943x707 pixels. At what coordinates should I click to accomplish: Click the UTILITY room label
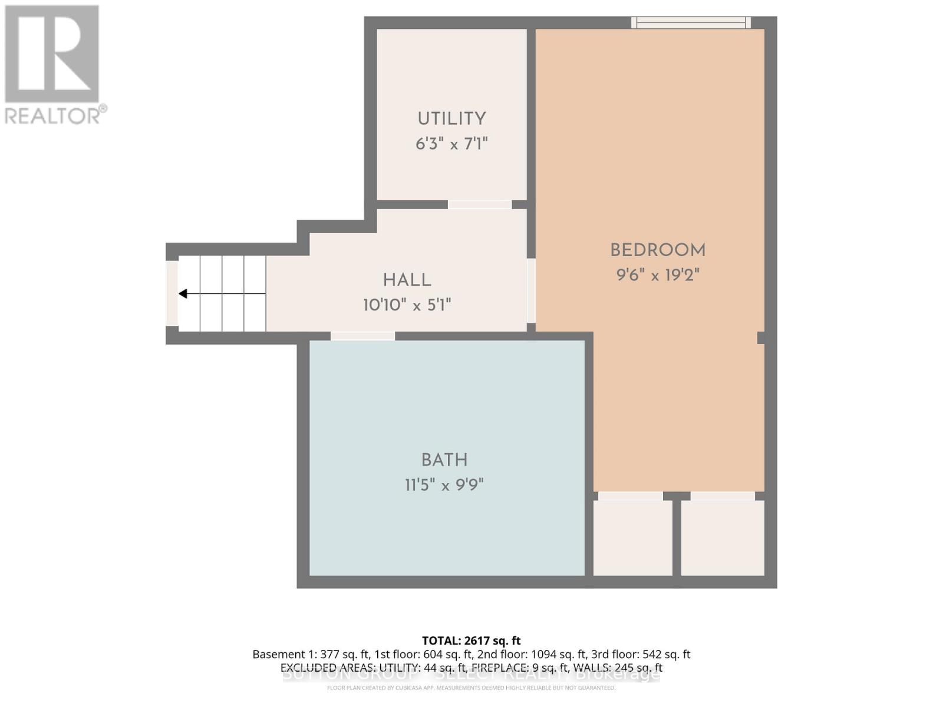click(451, 119)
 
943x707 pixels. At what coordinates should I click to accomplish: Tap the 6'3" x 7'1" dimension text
click(451, 144)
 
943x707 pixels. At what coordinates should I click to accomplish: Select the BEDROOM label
click(658, 250)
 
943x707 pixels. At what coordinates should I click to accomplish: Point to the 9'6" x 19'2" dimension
click(658, 275)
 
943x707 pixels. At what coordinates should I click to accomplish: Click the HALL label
click(407, 280)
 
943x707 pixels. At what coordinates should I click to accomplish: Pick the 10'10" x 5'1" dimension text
click(407, 305)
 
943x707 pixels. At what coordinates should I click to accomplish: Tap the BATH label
click(444, 460)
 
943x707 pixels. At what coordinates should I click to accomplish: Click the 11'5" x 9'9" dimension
click(444, 485)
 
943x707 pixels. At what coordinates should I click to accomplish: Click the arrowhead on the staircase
click(183, 293)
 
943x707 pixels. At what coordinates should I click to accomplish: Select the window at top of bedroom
click(691, 23)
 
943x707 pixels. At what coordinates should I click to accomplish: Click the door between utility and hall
click(480, 204)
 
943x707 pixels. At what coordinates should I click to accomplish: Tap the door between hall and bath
click(362, 336)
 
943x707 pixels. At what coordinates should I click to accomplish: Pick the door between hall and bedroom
click(531, 290)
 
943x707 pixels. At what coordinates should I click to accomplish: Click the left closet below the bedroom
click(632, 537)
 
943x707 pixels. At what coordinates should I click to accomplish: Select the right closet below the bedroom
click(723, 537)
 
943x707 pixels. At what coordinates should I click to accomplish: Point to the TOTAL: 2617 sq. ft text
click(471, 640)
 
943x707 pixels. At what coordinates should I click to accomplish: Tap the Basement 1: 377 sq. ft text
click(310, 654)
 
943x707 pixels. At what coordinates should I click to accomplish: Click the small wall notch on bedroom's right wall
click(761, 338)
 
